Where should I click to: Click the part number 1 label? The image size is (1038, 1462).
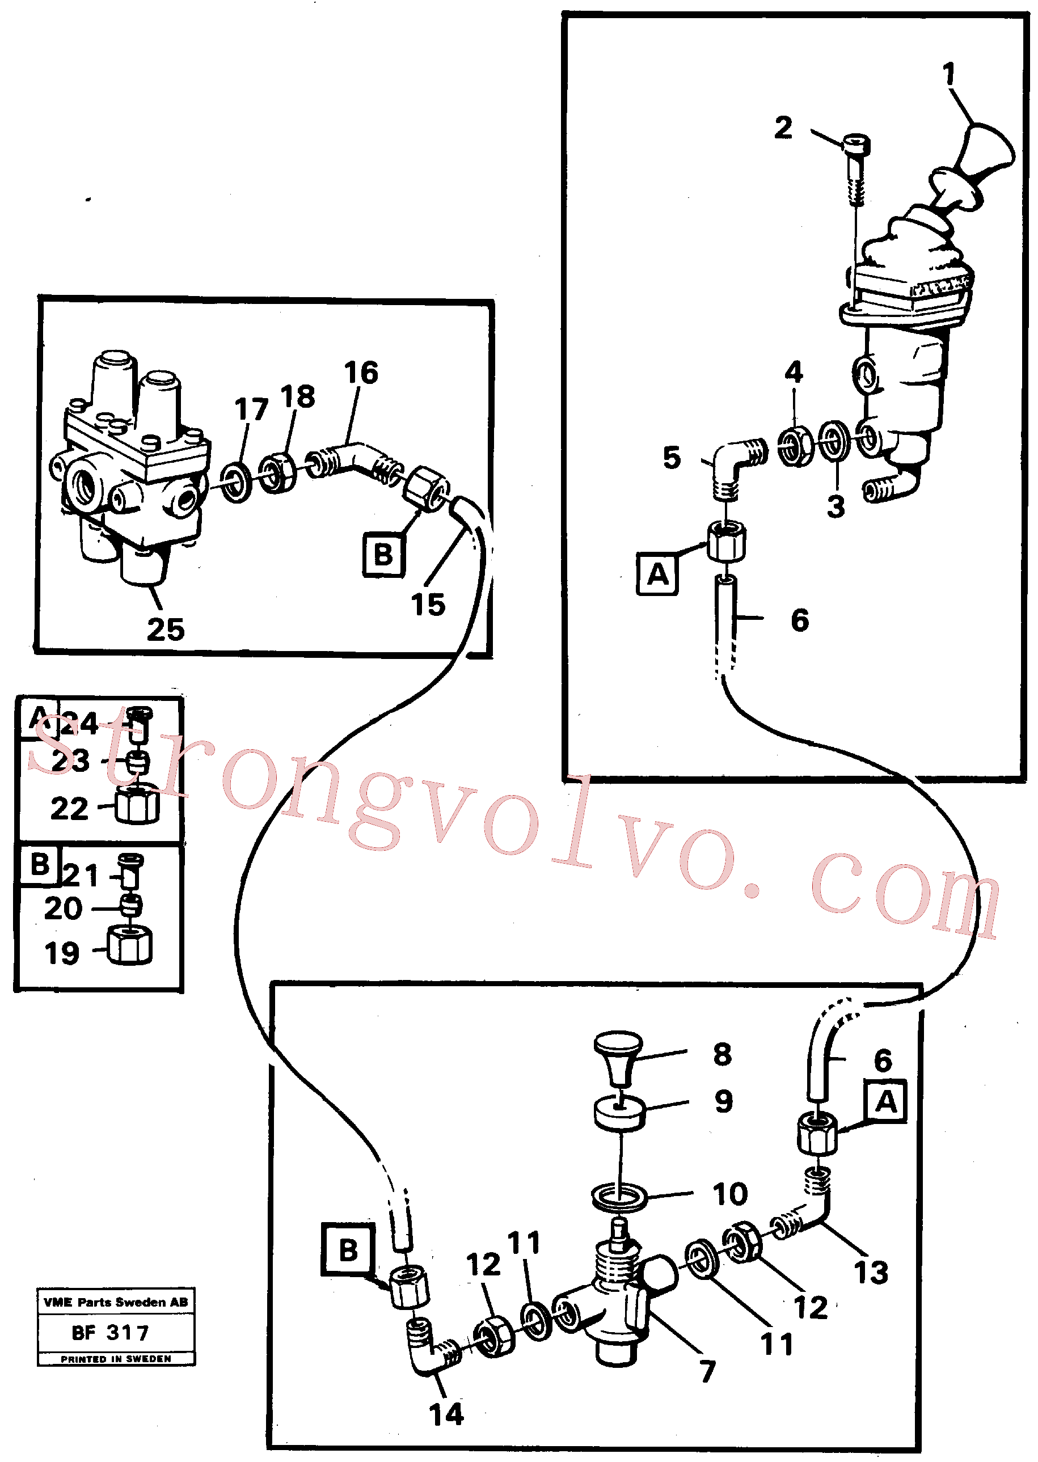949,74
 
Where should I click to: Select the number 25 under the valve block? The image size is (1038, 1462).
166,629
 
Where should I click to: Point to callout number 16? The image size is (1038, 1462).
361,373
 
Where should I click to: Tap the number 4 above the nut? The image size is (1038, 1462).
794,371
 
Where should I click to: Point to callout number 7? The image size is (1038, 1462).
707,1371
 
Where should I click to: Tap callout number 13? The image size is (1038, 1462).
871,1272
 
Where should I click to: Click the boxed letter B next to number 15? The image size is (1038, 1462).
383,555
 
